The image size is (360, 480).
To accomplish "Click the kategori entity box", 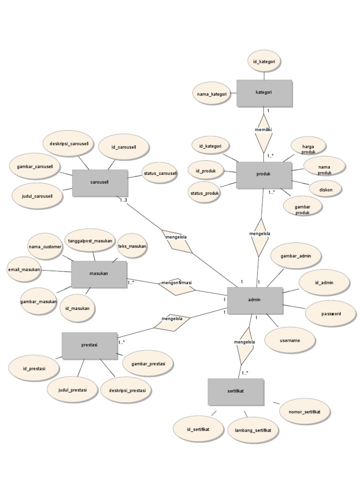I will pos(264,93).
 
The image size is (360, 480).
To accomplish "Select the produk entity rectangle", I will pos(264,174).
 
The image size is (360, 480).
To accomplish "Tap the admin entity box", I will pos(255,300).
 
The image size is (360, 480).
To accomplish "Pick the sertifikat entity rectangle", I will pos(236,391).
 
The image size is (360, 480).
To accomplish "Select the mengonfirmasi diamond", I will pos(177,285).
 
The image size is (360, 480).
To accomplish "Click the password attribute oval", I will pos(331,314).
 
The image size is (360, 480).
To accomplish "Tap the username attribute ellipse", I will pos(289,341).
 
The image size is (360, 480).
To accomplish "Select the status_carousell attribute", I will pos(160,173).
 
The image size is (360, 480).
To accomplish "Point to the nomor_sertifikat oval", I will pos(305,412).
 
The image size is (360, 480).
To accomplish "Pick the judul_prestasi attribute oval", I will pos(73,390).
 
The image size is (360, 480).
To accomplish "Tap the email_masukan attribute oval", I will pos(24,270).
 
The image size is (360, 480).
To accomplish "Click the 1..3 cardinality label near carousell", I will pos(124,201).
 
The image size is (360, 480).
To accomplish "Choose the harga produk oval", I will pos(308,149).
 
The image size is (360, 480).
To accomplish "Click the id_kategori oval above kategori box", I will pos(264,61).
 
